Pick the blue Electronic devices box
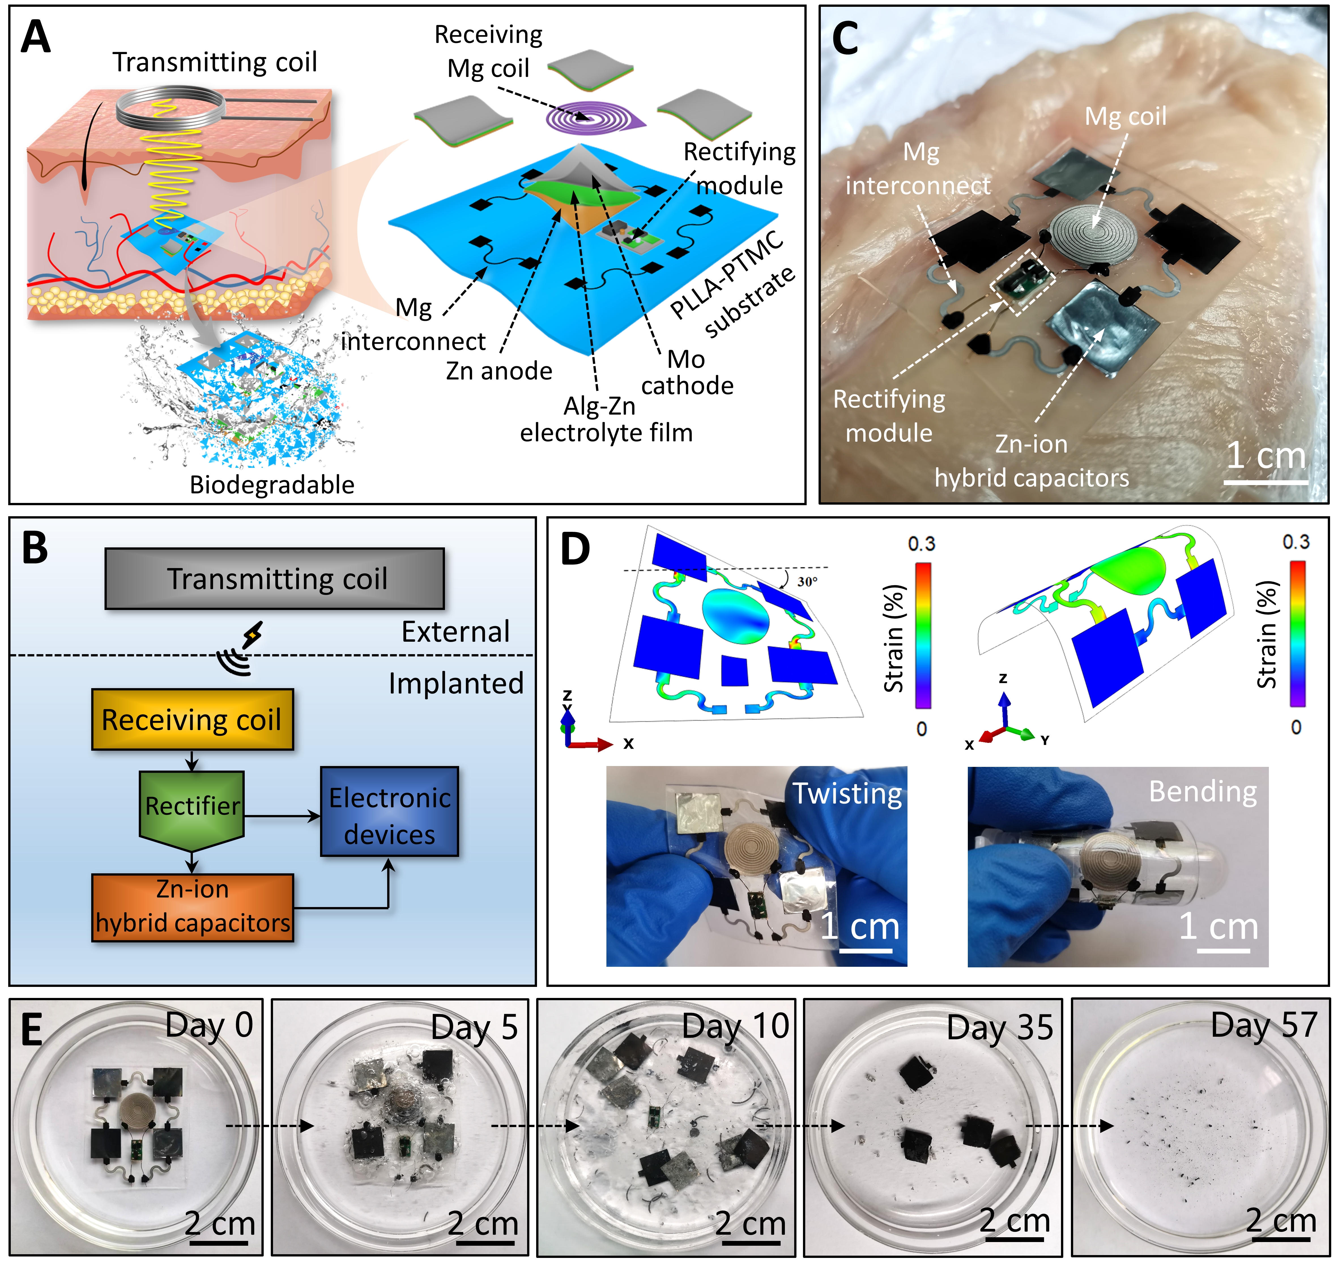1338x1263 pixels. pos(389,811)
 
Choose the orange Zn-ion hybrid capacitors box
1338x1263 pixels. pos(193,907)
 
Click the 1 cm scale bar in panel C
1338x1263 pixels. pos(1265,481)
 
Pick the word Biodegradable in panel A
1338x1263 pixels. pos(272,485)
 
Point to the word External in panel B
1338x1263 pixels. pos(455,631)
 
